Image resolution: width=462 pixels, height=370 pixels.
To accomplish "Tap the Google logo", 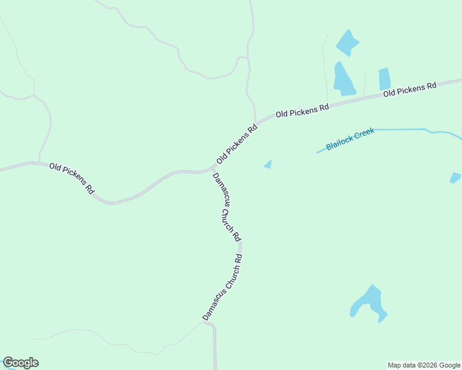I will (x=20, y=363).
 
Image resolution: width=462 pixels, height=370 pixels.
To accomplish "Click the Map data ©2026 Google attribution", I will (x=424, y=365).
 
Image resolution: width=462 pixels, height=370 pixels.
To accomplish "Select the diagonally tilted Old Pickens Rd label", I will (x=237, y=144).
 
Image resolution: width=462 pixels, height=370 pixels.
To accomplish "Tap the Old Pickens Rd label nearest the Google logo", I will (x=71, y=179).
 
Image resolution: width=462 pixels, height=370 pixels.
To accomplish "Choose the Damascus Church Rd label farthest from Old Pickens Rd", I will (x=222, y=287).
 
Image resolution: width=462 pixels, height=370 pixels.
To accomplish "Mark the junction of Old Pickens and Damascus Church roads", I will (x=213, y=169).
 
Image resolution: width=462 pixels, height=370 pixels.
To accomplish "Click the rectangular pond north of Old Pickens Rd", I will (x=384, y=79).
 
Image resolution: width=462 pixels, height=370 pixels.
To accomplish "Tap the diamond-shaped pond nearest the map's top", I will (x=347, y=42).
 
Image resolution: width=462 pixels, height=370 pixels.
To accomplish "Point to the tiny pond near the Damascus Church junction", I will (x=267, y=164).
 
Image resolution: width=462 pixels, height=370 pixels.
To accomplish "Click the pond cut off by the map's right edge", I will (x=455, y=178).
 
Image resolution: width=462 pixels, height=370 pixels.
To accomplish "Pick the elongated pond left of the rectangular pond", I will (x=343, y=79).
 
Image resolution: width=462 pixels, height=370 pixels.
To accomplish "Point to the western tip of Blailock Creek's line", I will (x=317, y=152).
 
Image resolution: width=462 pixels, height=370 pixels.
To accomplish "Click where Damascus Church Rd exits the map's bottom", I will (x=215, y=368).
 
